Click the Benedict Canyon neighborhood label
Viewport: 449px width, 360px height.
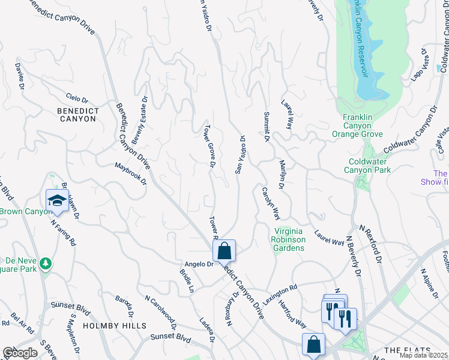click(77, 115)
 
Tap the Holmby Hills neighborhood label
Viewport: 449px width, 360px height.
click(115, 326)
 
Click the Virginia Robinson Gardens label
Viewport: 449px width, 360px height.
click(290, 239)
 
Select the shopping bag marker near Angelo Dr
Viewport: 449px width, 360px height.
click(224, 251)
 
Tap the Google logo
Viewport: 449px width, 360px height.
click(19, 352)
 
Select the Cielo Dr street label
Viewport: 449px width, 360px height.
click(77, 98)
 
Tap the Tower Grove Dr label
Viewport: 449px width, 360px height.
click(210, 146)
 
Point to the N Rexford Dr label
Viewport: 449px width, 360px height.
click(370, 244)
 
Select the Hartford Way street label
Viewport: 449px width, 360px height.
click(292, 313)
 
